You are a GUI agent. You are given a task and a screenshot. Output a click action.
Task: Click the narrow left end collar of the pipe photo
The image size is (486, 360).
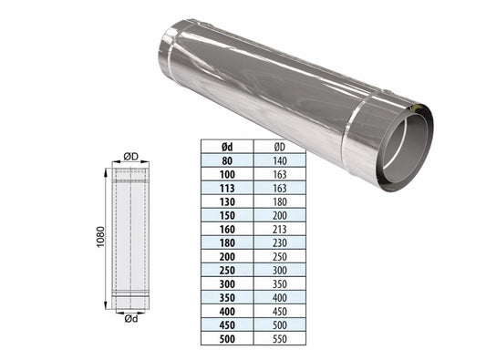pos(168,45)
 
